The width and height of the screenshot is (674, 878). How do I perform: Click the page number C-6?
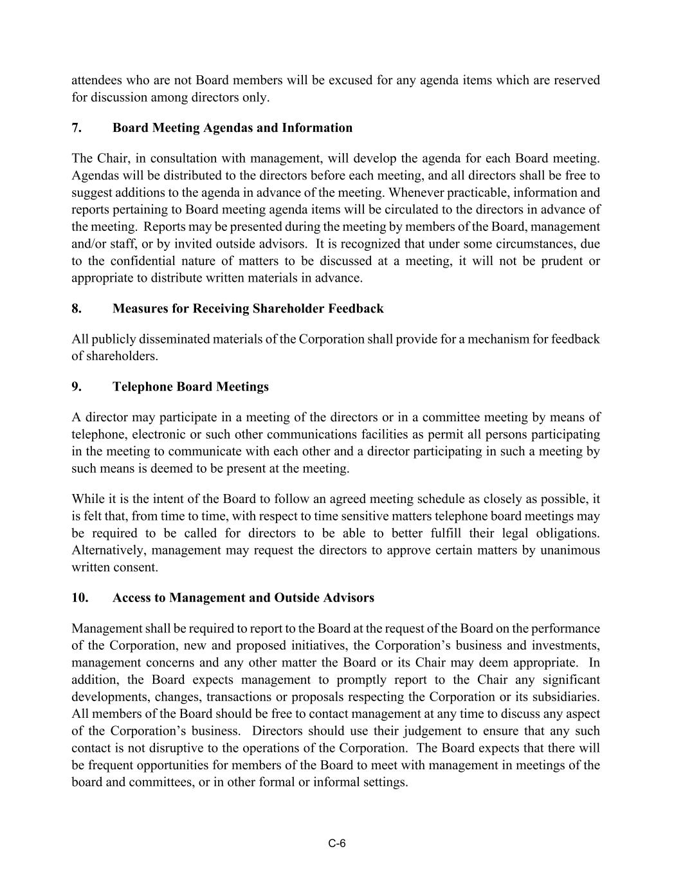pos(337,844)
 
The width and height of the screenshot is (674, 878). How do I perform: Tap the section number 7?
pos(77,128)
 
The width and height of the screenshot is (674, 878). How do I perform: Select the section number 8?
pos(77,309)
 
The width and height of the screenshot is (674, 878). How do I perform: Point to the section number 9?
pos(77,387)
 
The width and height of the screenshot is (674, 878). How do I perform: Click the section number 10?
pos(80,598)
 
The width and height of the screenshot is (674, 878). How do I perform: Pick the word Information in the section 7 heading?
pos(317,128)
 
